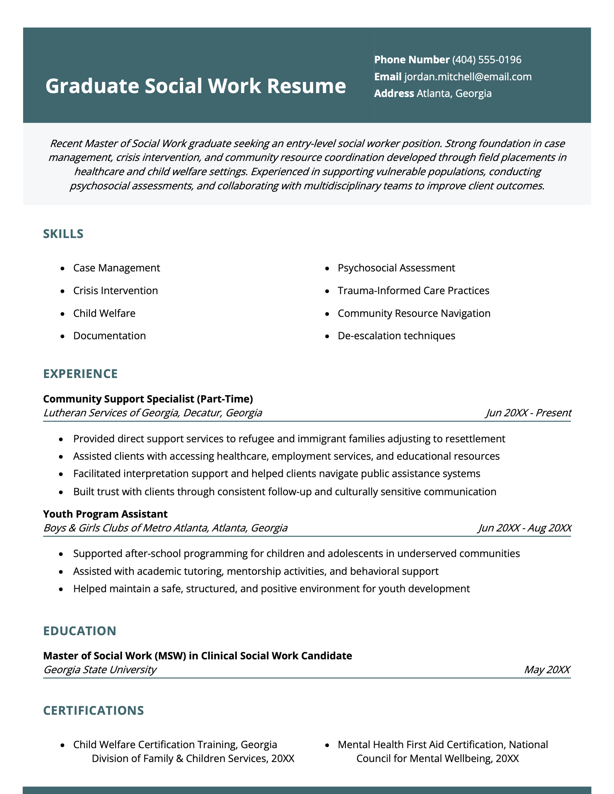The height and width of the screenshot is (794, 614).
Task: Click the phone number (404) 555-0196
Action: pos(486,60)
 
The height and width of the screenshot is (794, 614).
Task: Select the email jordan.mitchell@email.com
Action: pos(468,77)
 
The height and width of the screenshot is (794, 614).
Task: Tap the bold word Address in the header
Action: pos(394,93)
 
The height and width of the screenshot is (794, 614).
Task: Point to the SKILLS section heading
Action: pos(63,234)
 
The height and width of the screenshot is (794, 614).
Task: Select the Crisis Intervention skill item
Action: pos(115,291)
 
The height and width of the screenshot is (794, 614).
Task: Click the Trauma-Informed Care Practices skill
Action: pos(413,291)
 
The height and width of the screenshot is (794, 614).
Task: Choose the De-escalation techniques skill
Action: pos(396,336)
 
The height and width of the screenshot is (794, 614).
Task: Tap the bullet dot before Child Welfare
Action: pos(63,314)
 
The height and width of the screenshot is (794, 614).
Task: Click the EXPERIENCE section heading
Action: pos(80,374)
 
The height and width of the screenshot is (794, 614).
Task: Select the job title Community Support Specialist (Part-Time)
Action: pos(148,399)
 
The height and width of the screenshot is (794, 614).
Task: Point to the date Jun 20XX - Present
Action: pos(528,413)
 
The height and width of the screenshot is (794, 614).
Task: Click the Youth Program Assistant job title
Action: pos(105,514)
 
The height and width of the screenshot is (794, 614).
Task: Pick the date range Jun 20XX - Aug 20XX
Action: pos(524,528)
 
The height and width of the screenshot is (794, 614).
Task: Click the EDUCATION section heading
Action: pos(80,631)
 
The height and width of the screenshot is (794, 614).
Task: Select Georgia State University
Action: pos(100,669)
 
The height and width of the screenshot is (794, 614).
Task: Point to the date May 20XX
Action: pos(547,669)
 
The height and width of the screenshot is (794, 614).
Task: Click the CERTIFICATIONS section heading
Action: pos(94,711)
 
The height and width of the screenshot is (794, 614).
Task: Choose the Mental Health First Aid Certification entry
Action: pos(442,751)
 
